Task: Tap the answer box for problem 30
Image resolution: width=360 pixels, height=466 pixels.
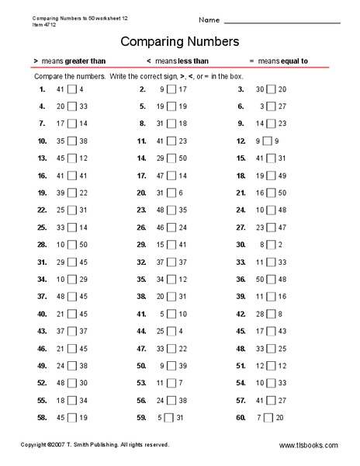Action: (x=268, y=244)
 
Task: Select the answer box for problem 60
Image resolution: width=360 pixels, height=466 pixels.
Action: (x=268, y=417)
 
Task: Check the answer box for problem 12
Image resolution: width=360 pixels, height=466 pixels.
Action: (x=268, y=141)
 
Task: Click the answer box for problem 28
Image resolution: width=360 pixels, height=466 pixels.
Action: (x=71, y=244)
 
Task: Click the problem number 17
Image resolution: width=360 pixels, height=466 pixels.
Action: (x=141, y=176)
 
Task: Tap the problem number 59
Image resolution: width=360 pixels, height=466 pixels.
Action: (x=141, y=417)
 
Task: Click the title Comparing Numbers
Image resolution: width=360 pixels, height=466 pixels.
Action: (x=179, y=40)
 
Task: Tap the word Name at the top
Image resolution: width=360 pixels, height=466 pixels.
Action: (x=209, y=19)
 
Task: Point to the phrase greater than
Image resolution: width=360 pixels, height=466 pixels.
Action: (x=81, y=61)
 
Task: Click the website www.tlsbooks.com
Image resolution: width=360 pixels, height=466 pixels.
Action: (x=308, y=446)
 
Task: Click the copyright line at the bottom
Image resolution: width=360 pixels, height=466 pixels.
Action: (x=95, y=445)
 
